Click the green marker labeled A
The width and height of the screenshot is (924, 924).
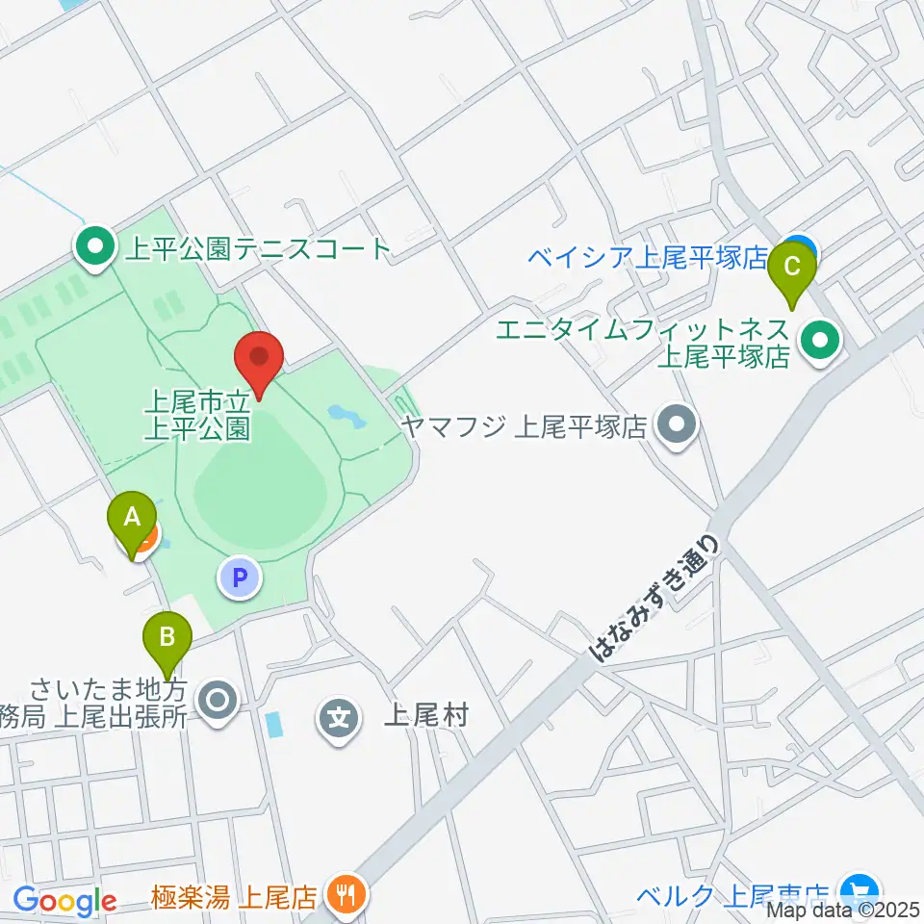coord(132,521)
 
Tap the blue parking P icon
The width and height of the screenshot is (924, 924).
coord(241,577)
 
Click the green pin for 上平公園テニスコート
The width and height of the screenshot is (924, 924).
coord(94,249)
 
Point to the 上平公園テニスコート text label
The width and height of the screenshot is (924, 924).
coord(258,250)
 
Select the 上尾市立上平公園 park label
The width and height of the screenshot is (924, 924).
coord(198,413)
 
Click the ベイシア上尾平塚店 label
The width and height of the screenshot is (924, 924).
coord(648,257)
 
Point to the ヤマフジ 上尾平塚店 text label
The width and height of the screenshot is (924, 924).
coord(525,425)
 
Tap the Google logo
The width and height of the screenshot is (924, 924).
coord(64,901)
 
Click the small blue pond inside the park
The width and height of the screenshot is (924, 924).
coord(345,416)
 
